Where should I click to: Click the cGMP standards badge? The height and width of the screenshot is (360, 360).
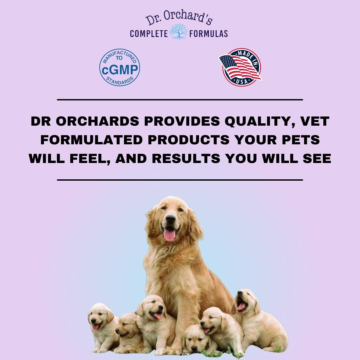pos(120,67)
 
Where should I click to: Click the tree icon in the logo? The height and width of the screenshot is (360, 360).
pos(179,33)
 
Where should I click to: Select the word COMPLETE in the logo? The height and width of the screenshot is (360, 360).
pos(149,33)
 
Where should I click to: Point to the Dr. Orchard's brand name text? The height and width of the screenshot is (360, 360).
pos(179,19)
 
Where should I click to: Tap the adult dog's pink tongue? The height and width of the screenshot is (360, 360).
pos(170,235)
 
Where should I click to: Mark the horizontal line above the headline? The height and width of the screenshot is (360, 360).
pos(180,99)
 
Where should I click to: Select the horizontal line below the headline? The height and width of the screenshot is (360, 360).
pos(180,180)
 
